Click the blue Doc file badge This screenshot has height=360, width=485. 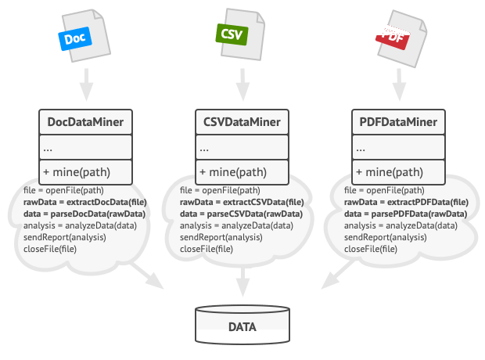coord(75,38)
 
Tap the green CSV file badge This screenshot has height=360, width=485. coord(232,34)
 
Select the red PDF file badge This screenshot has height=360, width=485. coord(393,38)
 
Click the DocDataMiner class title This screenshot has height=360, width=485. coord(85,122)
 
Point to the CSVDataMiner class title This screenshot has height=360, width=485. coord(242,122)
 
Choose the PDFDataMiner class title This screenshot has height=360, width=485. coord(398,122)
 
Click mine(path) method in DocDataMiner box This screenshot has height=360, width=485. coord(77,172)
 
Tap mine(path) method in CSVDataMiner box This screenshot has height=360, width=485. coord(233,172)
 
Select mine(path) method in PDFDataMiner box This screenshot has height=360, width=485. coord(390,172)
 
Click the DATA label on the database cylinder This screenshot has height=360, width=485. coord(242,327)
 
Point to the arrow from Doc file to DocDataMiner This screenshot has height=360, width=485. coord(86,85)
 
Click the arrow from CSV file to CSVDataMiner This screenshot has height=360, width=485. coord(242,85)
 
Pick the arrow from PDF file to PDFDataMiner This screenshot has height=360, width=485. coord(399,85)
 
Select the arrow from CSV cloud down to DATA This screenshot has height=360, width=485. coord(242,283)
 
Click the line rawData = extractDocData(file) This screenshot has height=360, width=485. coord(85,202)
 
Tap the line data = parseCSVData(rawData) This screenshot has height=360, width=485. coord(241,214)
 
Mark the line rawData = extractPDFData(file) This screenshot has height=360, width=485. coord(406,202)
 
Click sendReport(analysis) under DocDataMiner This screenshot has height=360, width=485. coord(65,237)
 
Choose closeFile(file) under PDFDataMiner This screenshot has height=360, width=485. coord(371,249)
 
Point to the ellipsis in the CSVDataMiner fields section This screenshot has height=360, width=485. coord(204,150)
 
